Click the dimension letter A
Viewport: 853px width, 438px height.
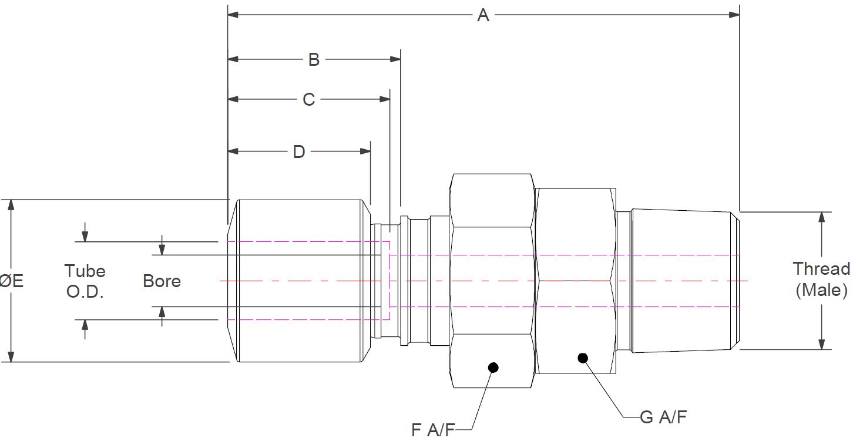click(483, 15)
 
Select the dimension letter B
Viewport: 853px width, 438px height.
click(314, 59)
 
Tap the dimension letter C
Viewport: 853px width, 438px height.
click(309, 99)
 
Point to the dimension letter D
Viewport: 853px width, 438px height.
click(299, 151)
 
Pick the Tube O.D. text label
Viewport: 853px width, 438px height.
click(85, 281)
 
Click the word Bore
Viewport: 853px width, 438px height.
click(162, 281)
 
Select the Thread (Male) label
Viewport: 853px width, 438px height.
click(821, 279)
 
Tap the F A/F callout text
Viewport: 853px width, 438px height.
click(432, 430)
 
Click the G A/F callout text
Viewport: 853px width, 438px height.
click(663, 417)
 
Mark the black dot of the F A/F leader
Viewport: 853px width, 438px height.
click(493, 368)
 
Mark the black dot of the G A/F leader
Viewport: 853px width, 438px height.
click(583, 358)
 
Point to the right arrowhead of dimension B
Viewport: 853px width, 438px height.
click(395, 59)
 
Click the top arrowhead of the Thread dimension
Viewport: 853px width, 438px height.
click(822, 217)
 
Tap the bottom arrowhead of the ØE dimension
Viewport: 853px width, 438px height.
click(11, 357)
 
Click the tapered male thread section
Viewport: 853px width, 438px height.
click(681, 281)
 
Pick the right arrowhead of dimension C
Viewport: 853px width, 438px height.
click(385, 99)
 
